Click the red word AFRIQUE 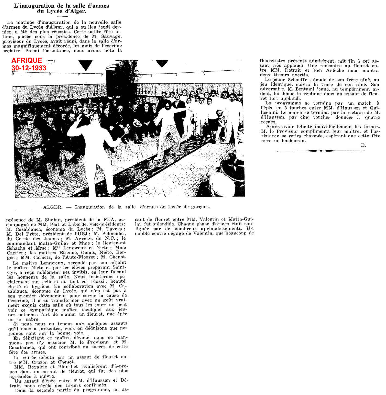click(x=27, y=60)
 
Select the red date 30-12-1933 click(x=29, y=68)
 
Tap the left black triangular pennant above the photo click(x=86, y=65)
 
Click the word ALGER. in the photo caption click(x=53, y=207)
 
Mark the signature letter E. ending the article click(x=363, y=146)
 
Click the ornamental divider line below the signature click(x=321, y=151)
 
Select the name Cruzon click(x=40, y=362)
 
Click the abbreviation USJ click(x=82, y=234)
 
